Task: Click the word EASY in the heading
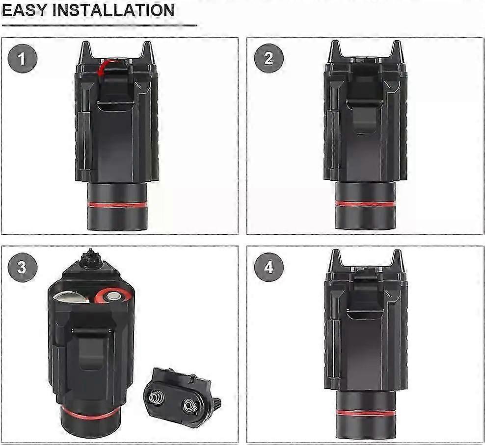[x=24, y=10]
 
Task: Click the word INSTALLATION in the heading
[x=113, y=10]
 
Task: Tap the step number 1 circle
[x=22, y=58]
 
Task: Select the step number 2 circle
[x=269, y=58]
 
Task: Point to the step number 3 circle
[x=22, y=267]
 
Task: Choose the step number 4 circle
[x=269, y=267]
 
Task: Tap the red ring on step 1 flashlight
[x=117, y=204]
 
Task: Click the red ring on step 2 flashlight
[x=365, y=204]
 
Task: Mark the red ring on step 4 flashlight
[x=365, y=413]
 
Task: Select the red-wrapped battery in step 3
[x=111, y=296]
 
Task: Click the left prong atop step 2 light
[x=335, y=51]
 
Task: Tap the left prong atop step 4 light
[x=335, y=261]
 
